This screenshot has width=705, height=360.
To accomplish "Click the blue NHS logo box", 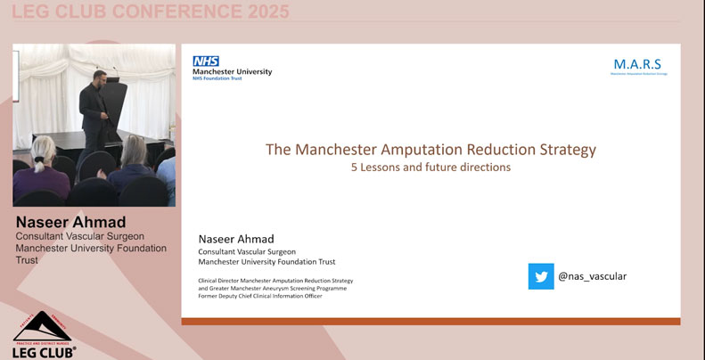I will pos(206,61).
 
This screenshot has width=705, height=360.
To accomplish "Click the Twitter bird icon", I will pos(541,276).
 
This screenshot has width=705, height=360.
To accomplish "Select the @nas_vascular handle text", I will pos(593,276).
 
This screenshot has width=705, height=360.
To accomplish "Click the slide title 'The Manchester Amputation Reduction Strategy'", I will pos(430,149).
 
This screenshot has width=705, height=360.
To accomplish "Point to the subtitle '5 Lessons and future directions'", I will pos(430,167).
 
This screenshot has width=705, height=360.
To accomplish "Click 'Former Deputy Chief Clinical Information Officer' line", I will pos(260,296).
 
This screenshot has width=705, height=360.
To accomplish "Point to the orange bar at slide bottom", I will pos(430,321).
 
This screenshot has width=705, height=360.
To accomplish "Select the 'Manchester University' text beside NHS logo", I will pos(233,71).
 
